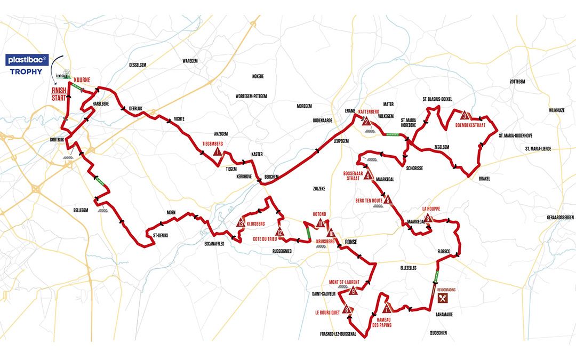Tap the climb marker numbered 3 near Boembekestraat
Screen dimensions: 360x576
coord(465,116)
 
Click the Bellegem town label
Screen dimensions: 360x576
coord(81,210)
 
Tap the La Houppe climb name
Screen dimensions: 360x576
coord(430,209)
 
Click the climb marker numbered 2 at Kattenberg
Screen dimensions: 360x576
coord(366,122)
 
